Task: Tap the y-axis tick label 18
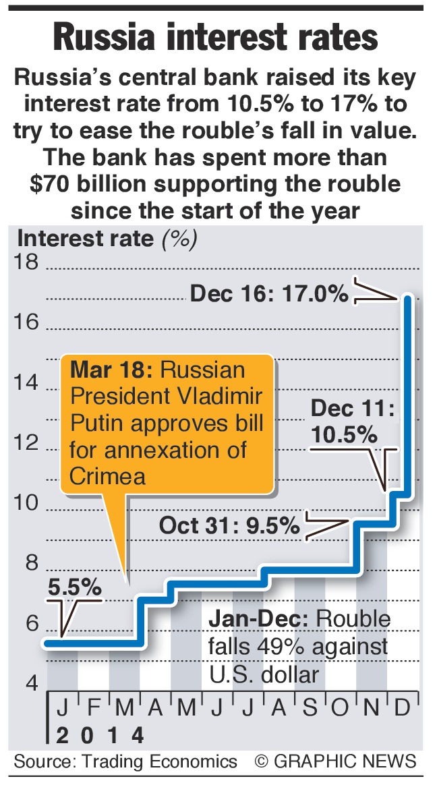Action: coord(27,262)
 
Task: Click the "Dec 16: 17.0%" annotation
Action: coord(269,294)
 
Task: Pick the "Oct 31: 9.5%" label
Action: coord(229,525)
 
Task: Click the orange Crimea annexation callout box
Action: coord(167,424)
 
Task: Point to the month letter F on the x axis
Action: coord(93,709)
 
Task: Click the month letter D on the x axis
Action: coord(403,709)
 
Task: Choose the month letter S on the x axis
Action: coord(310,709)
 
